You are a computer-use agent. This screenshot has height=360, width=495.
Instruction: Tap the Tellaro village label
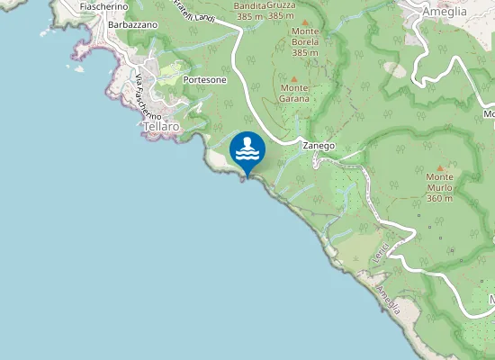point(162,128)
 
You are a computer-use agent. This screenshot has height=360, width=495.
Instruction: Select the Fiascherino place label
point(103,6)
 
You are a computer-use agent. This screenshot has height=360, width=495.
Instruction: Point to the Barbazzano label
point(133,25)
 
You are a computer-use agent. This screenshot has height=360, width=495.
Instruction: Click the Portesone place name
point(204,80)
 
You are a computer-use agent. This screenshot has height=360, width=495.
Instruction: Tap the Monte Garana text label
point(295,93)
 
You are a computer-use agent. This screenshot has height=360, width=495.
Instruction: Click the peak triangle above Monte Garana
point(293,78)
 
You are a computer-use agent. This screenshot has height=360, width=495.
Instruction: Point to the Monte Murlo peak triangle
point(439,167)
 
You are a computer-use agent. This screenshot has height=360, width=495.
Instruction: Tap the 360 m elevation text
point(439,198)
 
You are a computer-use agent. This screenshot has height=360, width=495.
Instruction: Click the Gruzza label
point(281,6)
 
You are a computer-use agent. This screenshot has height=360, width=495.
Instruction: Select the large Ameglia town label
point(445,12)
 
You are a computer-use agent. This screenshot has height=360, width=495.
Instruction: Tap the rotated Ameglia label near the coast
point(389,301)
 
